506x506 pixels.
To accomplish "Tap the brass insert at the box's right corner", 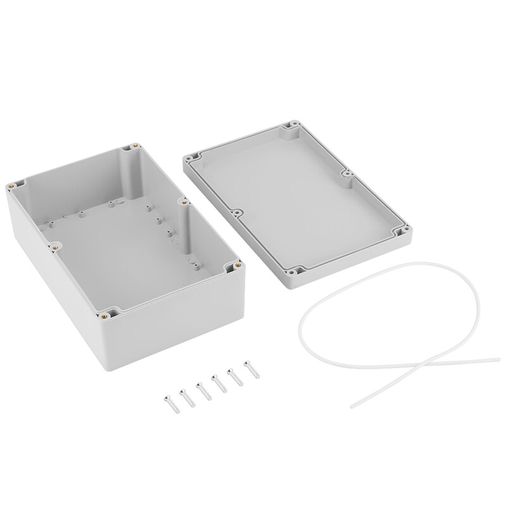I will (x=237, y=266).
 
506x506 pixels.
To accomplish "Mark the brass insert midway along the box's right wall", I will (x=182, y=203).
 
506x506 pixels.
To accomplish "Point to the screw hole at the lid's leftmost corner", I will (x=189, y=155).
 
